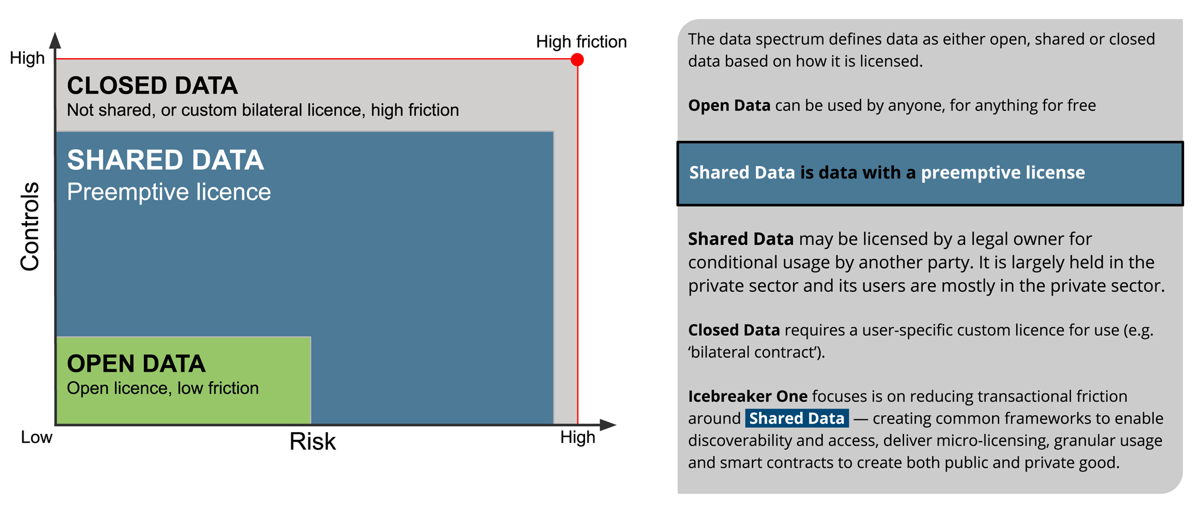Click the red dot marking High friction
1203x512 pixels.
pos(577,59)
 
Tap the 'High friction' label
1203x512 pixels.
pos(582,42)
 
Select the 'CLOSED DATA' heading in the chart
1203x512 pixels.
pos(152,86)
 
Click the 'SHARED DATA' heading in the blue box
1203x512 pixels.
pos(166,160)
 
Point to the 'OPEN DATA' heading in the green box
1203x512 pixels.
pos(136,364)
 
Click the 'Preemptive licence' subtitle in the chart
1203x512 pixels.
pos(169,192)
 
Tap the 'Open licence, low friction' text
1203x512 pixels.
pos(163,388)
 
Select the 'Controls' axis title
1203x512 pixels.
pos(30,227)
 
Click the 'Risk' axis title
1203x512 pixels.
pos(312,442)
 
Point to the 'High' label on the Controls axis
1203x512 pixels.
pos(28,58)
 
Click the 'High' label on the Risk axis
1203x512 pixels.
pos(578,437)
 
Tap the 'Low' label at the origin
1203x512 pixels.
pos(36,437)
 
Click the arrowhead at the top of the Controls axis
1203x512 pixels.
pos(55,40)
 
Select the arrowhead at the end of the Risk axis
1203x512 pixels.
pos(608,425)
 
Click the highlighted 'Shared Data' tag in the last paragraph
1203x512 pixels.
pos(797,418)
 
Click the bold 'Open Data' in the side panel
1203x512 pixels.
pos(730,106)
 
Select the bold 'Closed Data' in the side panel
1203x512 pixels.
pos(734,330)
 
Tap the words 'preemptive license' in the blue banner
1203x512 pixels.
pos(1003,173)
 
